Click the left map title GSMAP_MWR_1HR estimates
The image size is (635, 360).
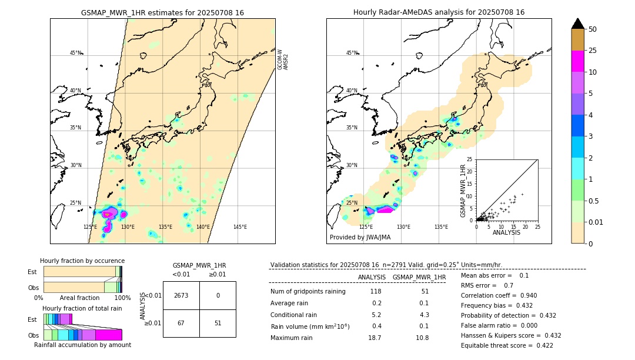pyautogui.click(x=162, y=12)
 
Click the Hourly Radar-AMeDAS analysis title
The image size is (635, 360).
pyautogui.click(x=439, y=12)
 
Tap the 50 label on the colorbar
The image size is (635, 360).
pyautogui.click(x=593, y=29)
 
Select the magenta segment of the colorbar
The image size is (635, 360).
pyautogui.click(x=577, y=61)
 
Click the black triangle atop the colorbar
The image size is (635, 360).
pyautogui.click(x=577, y=24)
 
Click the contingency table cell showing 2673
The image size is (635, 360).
pyautogui.click(x=181, y=295)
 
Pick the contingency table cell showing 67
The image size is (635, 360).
pyautogui.click(x=181, y=323)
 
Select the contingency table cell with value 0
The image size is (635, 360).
pyautogui.click(x=218, y=295)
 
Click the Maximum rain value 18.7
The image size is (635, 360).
pyautogui.click(x=375, y=338)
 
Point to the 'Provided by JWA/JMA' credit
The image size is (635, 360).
pyautogui.click(x=360, y=238)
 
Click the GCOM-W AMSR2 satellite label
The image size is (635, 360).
pyautogui.click(x=283, y=60)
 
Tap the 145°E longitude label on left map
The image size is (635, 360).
pyautogui.click(x=240, y=227)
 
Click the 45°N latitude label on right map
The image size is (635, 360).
pyautogui.click(x=352, y=53)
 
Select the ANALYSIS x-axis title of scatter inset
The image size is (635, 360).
pyautogui.click(x=506, y=232)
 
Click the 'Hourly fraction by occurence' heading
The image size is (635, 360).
pyautogui.click(x=82, y=261)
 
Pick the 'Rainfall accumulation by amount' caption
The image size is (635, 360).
pyautogui.click(x=82, y=345)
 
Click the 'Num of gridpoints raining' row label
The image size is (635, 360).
pyautogui.click(x=308, y=292)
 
